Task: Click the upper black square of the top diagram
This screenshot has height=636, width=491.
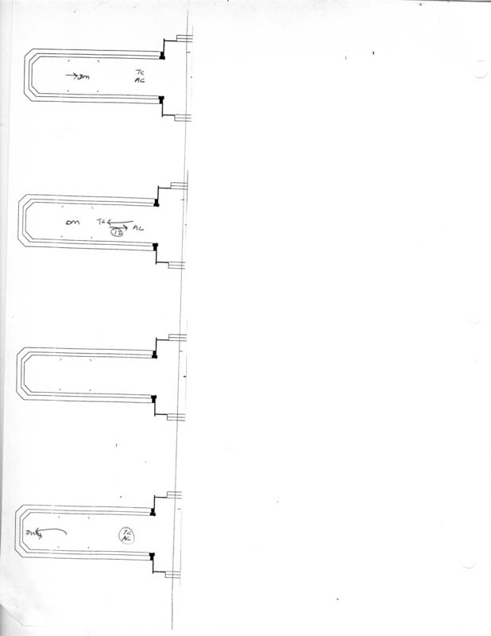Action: click(x=161, y=56)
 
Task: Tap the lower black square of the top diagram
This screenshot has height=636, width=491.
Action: click(x=161, y=99)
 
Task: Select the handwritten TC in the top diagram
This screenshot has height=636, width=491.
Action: click(x=140, y=72)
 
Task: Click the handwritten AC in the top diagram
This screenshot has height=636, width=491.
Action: click(x=140, y=80)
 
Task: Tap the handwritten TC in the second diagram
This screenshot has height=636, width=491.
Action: click(x=100, y=223)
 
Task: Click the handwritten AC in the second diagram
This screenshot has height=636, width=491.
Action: click(x=138, y=229)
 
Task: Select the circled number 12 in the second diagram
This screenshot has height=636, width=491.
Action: click(x=118, y=231)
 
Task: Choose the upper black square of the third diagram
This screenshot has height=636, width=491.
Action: click(x=155, y=355)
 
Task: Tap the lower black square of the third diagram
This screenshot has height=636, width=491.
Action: click(x=154, y=397)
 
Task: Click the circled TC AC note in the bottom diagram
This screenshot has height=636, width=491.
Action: click(x=125, y=536)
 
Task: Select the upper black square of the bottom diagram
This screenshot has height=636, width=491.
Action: click(x=153, y=512)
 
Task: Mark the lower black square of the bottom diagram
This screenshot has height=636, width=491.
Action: click(x=152, y=555)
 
